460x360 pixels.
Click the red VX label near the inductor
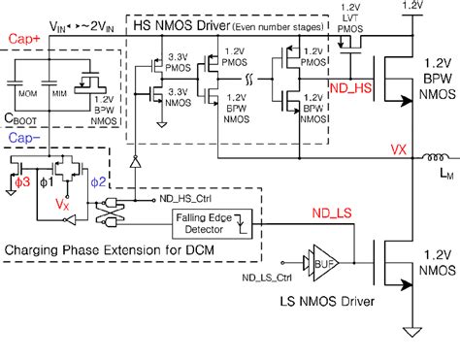[x=398, y=150]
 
